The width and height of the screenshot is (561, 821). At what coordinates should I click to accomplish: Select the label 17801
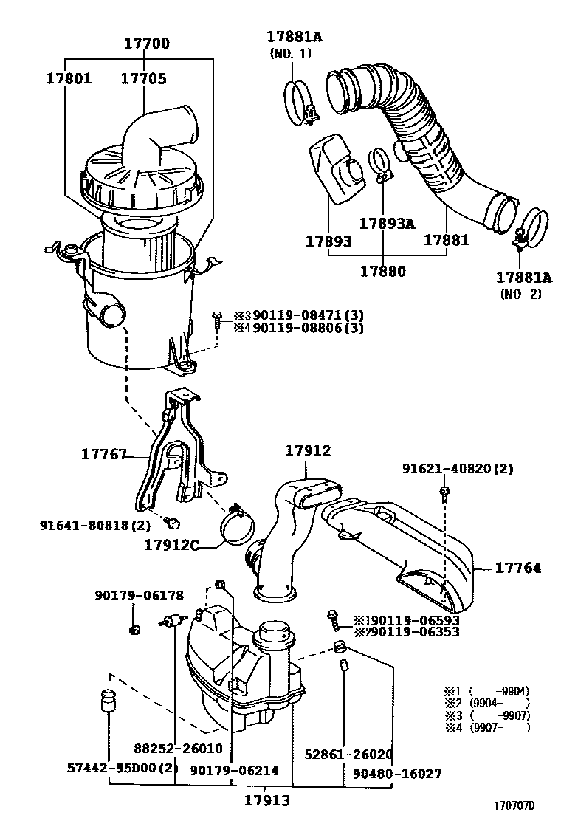69,78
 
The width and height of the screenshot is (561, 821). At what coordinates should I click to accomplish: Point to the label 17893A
387,223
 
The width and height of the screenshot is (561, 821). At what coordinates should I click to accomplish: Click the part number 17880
382,271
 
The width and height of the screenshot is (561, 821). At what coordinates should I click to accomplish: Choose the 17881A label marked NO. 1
295,36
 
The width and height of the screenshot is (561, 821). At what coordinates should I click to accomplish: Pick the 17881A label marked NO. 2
523,278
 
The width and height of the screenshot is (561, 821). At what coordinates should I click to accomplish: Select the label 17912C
173,545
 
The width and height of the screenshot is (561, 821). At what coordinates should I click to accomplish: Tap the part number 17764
517,568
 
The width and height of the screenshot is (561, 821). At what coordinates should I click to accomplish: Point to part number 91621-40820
458,469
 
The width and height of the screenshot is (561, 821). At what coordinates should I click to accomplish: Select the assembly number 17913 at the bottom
267,800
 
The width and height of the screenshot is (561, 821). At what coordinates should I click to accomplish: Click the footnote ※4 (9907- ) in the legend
486,727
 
